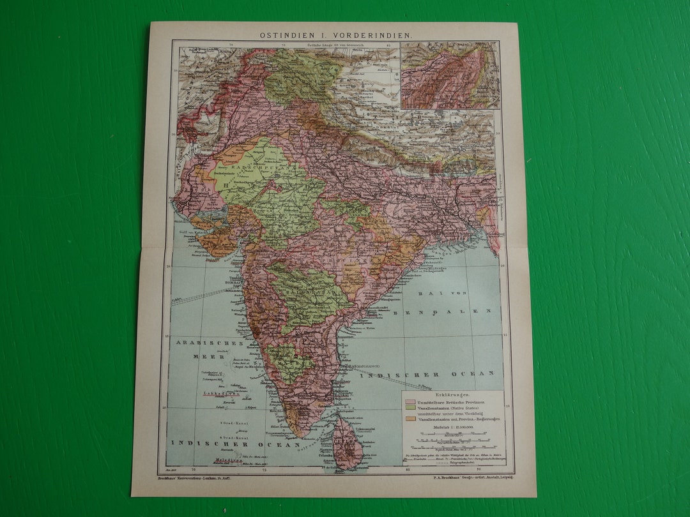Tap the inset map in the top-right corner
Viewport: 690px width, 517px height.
450,75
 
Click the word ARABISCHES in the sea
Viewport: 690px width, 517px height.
199,343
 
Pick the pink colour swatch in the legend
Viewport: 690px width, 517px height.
409,403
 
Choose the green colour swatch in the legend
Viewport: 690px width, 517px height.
409,410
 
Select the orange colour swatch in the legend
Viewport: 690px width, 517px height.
409,419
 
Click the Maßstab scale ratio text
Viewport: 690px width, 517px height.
451,428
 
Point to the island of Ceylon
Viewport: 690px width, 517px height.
348,444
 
